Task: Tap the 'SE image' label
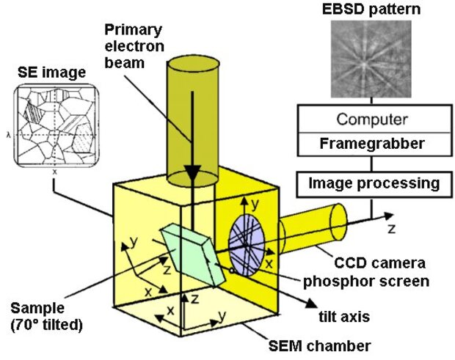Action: tap(48, 73)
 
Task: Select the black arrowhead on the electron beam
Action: tap(192, 172)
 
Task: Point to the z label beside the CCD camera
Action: tap(391, 228)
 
